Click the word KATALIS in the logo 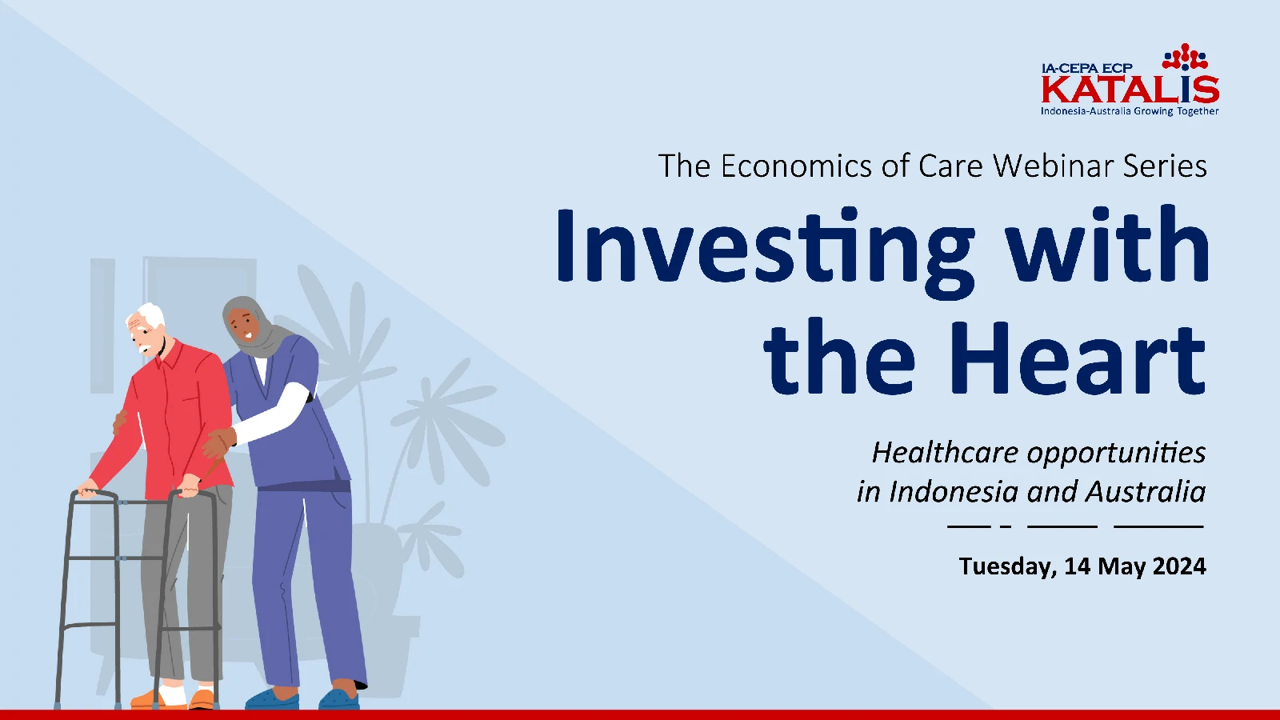coord(1130,90)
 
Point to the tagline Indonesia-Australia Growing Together coord(1130,111)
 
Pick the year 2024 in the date coord(1179,566)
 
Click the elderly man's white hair coord(148,315)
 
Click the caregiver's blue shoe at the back coord(339,698)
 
